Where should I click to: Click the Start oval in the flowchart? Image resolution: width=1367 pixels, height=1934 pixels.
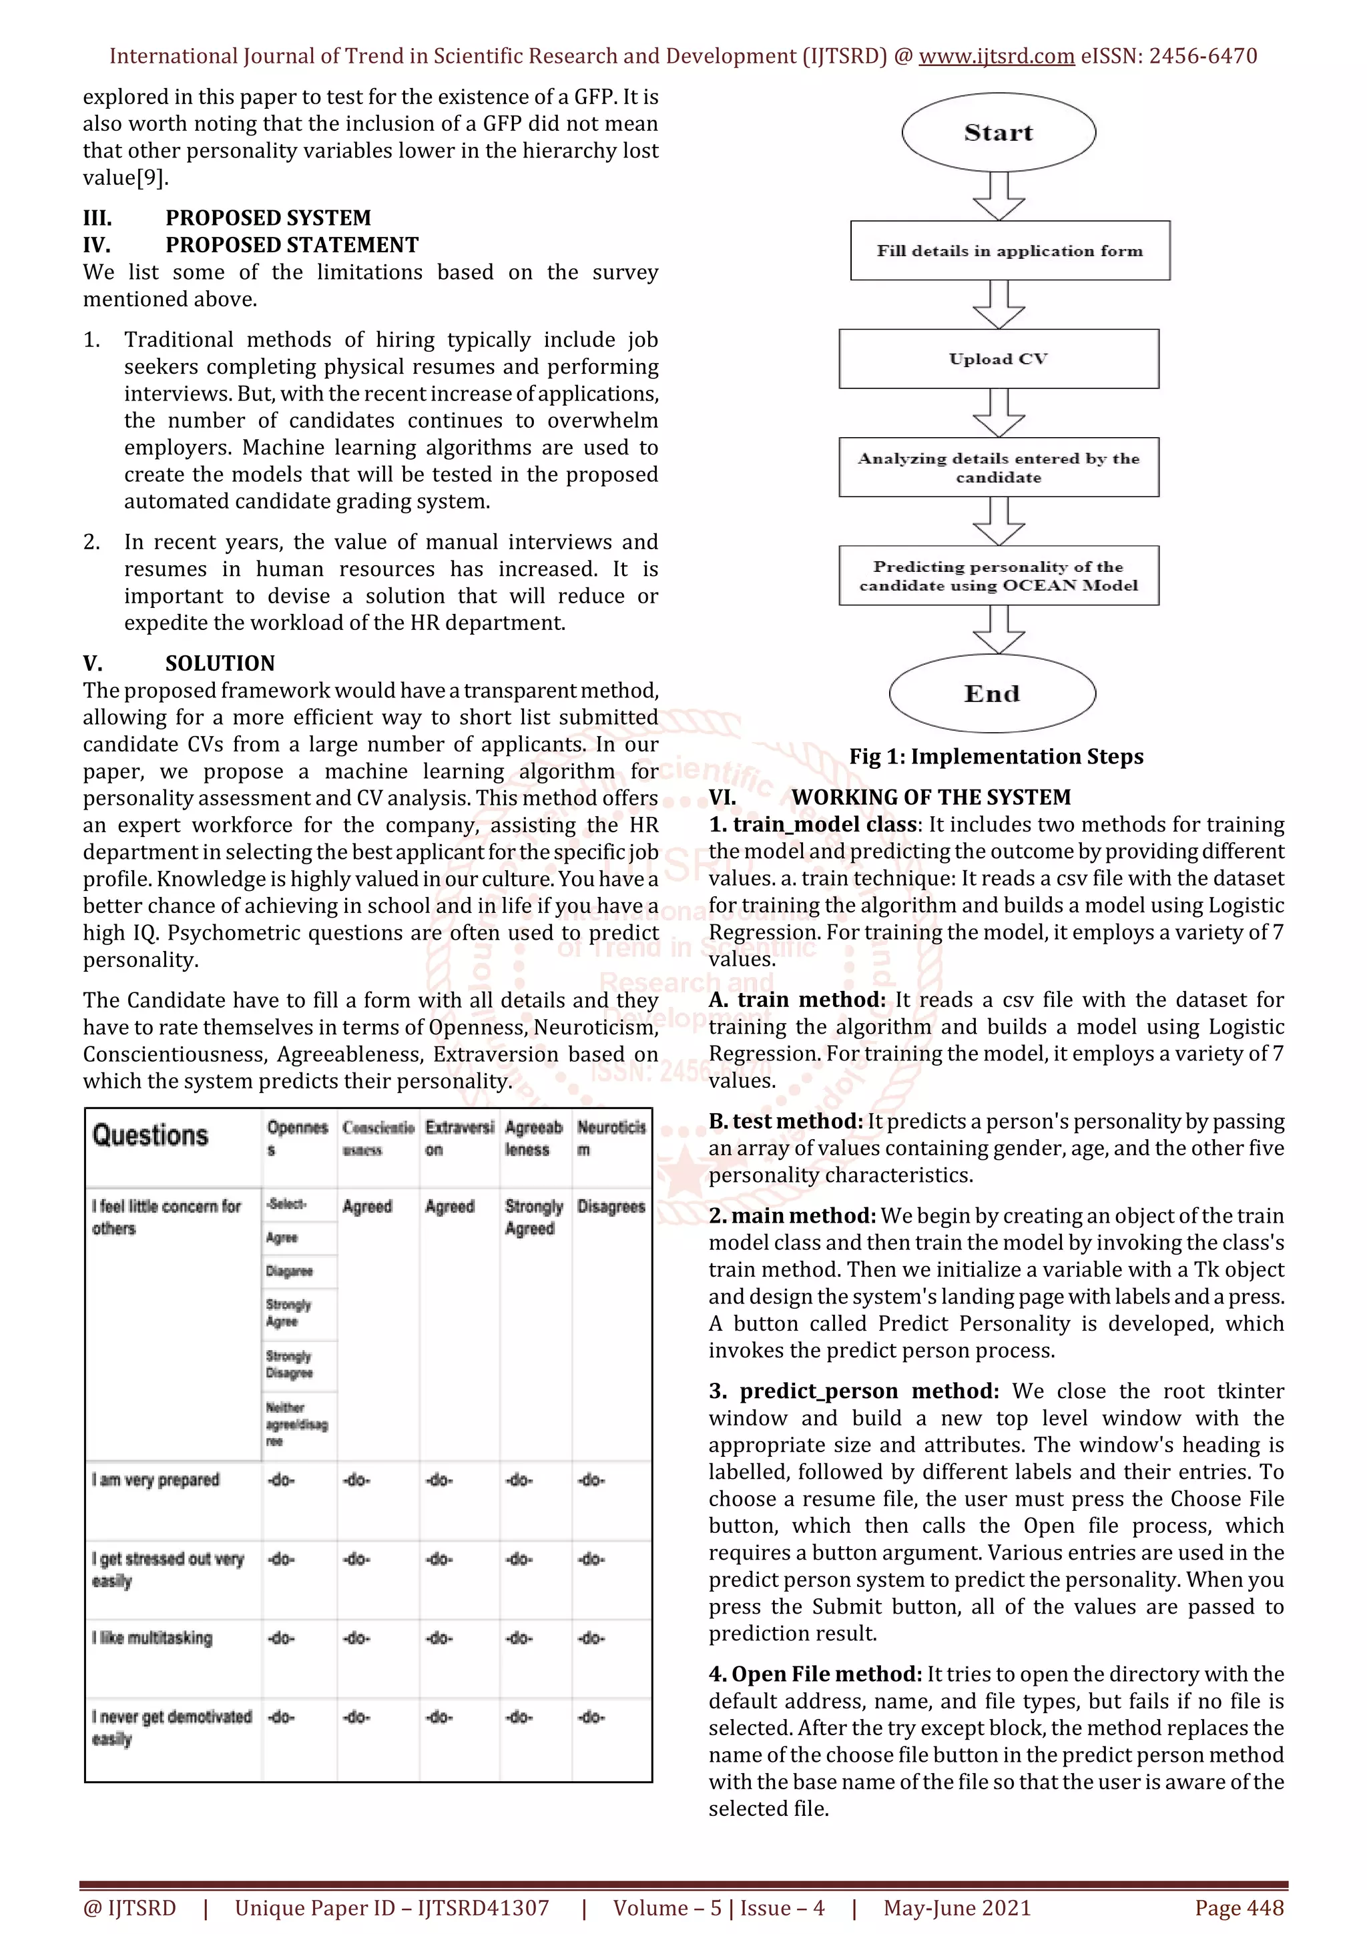998,132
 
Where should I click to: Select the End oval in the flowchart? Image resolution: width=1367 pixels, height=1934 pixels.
991,693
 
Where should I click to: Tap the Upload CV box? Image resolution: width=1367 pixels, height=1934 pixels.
998,359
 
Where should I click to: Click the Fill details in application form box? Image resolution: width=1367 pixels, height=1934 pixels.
1009,250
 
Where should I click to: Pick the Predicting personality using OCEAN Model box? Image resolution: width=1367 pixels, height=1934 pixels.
998,575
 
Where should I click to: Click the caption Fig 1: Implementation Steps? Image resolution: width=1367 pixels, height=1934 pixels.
996,756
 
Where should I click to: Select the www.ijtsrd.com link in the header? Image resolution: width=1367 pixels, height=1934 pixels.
996,57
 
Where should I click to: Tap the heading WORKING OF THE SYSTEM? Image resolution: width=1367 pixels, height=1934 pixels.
930,797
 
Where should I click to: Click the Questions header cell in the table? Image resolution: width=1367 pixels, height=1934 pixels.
151,1135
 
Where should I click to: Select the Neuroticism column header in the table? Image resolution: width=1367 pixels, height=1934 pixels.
611,1137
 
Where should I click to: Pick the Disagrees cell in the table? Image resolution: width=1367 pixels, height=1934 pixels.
611,1206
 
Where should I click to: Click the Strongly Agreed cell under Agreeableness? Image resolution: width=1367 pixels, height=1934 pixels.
533,1217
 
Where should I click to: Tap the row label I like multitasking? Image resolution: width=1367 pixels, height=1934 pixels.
152,1638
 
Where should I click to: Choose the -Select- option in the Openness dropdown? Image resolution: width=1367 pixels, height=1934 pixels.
286,1204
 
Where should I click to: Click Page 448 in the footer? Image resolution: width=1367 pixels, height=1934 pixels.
1238,1908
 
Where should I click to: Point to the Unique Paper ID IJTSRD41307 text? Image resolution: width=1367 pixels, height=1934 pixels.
392,1908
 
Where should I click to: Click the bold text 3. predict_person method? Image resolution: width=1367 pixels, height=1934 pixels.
853,1391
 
